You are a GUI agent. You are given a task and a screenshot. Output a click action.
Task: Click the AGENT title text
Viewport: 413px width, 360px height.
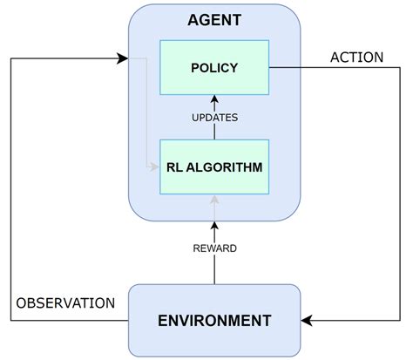[x=213, y=19]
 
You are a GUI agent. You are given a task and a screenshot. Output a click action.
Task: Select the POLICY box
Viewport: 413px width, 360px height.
[x=213, y=67]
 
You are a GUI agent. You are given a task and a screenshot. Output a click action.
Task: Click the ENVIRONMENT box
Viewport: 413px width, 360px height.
[x=213, y=320]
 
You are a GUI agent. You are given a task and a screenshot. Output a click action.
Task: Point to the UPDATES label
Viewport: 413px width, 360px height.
[x=213, y=116]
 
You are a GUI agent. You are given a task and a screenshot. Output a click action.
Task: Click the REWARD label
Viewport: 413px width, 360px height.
[x=213, y=248]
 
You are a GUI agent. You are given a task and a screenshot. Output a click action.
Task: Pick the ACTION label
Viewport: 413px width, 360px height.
[x=356, y=58]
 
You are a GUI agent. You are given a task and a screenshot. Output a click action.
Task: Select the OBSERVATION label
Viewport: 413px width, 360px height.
[x=64, y=303]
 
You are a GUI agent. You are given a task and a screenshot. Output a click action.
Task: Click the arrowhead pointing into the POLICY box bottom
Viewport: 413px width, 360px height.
[x=213, y=100]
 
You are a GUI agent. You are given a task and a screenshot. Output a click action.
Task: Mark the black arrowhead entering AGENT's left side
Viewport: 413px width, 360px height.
[x=123, y=58]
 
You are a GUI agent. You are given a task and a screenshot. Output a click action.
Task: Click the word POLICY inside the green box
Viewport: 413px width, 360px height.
[x=213, y=67]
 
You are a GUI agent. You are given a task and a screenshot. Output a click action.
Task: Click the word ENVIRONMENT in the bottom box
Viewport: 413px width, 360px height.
[x=213, y=320]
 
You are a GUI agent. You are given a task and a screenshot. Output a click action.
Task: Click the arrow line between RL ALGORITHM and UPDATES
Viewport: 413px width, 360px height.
[x=213, y=131]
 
